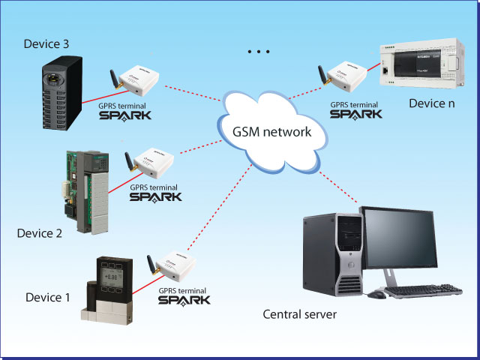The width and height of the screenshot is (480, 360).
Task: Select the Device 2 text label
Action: [39, 232]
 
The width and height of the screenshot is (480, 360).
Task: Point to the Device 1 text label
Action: [47, 298]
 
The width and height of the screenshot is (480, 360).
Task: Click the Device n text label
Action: [431, 103]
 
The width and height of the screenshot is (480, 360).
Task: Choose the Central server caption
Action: [299, 313]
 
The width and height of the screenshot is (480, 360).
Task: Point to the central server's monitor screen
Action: [399, 238]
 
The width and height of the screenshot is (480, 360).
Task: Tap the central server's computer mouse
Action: [376, 295]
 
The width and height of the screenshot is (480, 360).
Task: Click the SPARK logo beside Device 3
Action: [124, 115]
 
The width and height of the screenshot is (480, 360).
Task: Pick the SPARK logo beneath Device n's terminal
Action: [356, 114]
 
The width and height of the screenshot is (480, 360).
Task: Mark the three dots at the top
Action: [257, 52]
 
